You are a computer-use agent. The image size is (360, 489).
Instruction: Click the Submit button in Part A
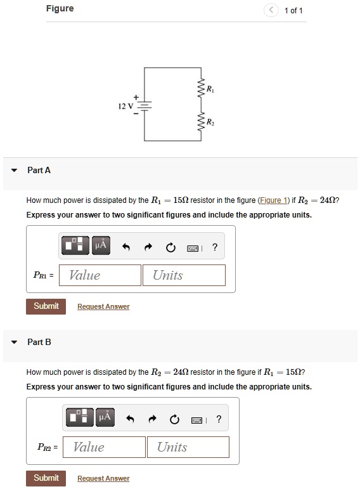46,306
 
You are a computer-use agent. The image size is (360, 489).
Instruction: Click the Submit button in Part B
46,478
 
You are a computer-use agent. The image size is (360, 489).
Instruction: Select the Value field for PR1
105,275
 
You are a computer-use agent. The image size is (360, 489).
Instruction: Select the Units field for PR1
188,275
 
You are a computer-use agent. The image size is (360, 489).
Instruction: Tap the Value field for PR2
108,447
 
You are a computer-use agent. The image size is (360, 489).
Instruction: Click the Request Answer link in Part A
103,307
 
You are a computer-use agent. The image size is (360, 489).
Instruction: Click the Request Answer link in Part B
103,479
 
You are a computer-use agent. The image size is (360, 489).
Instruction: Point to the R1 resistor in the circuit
201,90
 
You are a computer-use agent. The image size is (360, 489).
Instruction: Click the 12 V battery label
124,105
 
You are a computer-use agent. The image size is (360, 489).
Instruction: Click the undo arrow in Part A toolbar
126,248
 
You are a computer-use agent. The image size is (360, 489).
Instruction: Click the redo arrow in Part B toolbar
153,420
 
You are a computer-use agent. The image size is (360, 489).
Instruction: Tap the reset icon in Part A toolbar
170,248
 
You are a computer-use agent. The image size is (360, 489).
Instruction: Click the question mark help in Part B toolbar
219,419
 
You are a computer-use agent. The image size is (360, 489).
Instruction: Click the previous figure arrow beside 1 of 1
271,10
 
